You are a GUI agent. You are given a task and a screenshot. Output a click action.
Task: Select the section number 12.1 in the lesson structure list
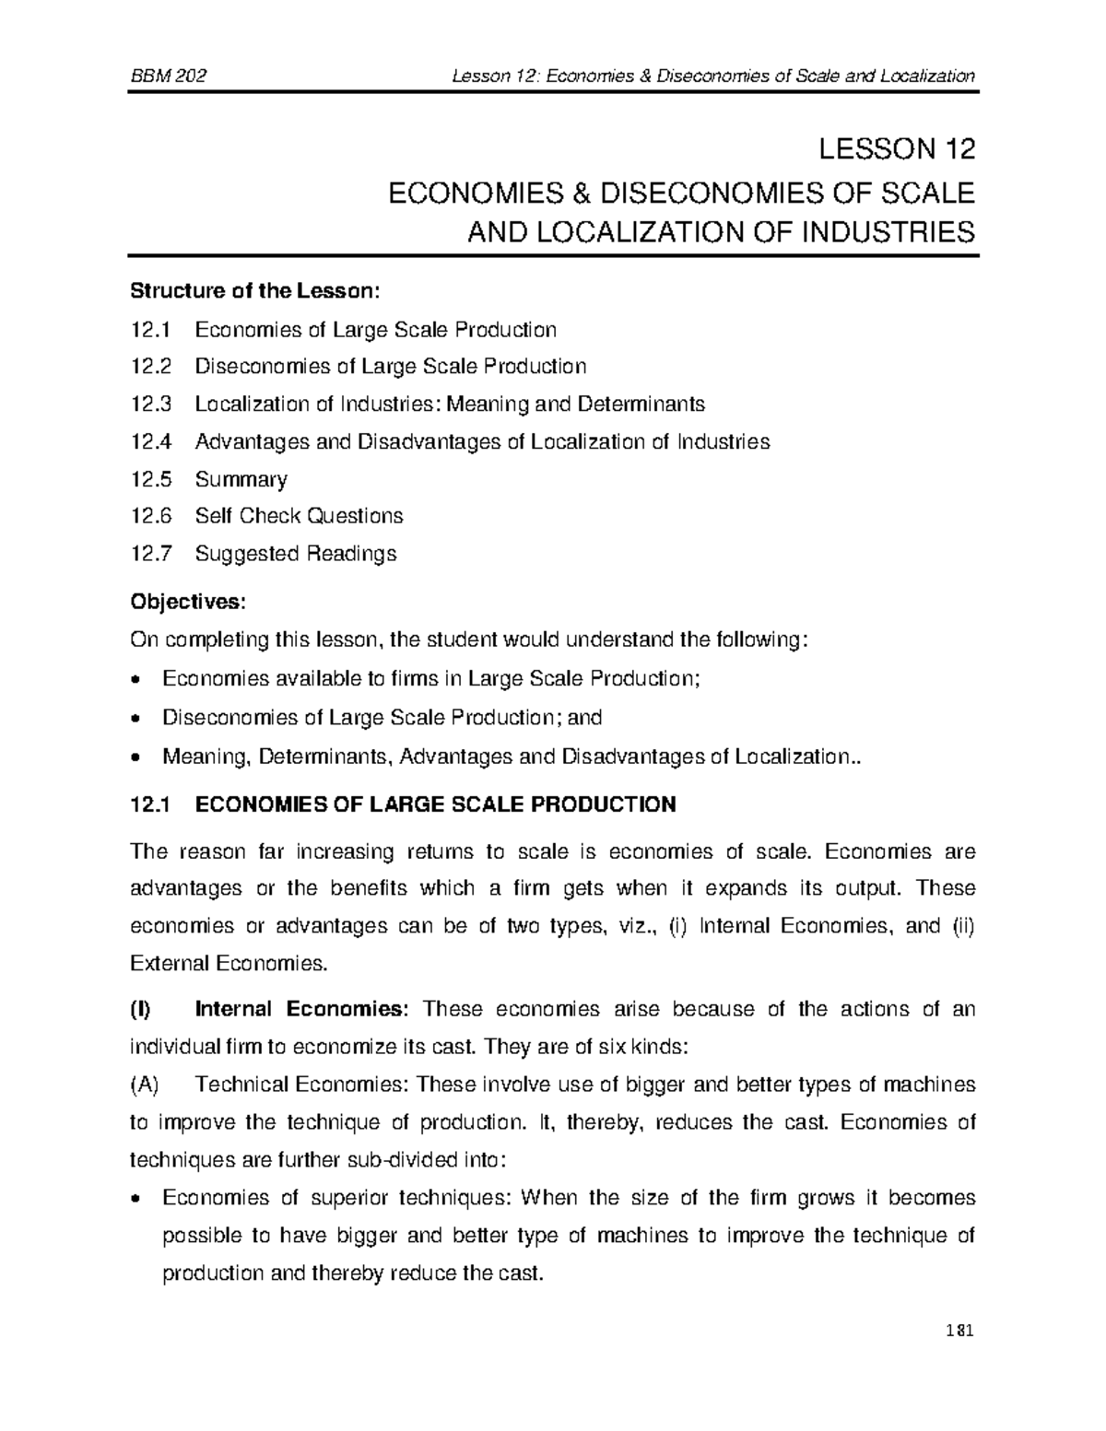point(151,329)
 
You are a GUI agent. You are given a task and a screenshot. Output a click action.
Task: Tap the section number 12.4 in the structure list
point(151,441)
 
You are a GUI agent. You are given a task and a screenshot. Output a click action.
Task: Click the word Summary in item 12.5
point(241,479)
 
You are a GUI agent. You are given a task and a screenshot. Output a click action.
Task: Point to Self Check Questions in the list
point(299,516)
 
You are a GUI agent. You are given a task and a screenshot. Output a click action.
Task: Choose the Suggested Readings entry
point(295,554)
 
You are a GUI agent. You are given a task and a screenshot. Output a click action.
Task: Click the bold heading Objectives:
point(188,602)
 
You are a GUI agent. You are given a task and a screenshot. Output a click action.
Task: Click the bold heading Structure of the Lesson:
point(254,291)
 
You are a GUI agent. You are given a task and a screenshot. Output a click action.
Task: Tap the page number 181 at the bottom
point(959,1331)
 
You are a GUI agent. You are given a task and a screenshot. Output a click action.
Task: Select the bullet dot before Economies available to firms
point(136,681)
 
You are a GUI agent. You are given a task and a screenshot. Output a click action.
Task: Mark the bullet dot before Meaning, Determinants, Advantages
point(136,758)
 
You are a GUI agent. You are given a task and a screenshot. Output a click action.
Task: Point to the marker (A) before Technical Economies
point(145,1085)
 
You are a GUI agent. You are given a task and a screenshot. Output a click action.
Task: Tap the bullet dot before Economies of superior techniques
point(136,1200)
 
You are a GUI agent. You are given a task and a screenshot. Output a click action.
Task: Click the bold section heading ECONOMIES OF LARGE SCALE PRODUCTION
point(436,804)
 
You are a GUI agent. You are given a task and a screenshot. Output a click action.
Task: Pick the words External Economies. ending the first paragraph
point(229,964)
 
